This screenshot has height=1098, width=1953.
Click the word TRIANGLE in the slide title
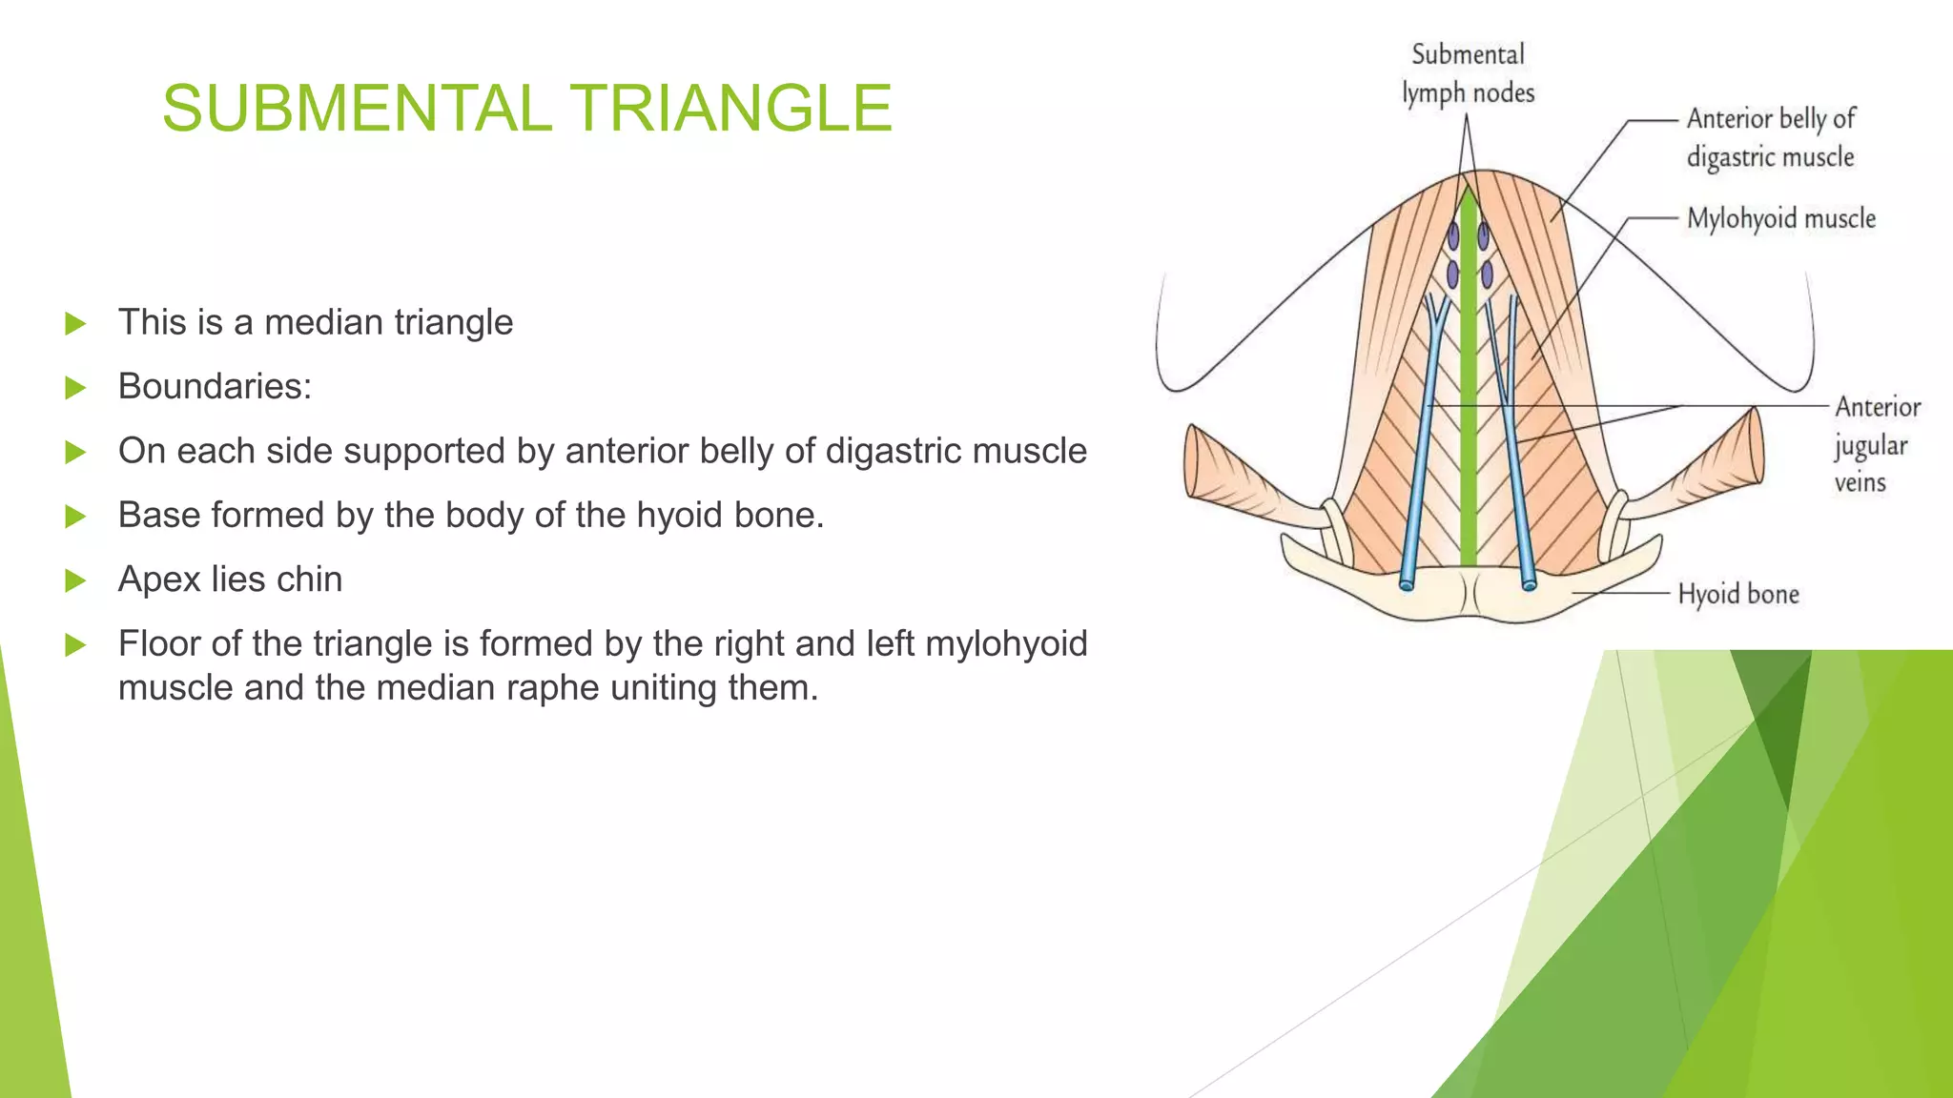point(731,108)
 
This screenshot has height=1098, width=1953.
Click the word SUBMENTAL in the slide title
point(357,108)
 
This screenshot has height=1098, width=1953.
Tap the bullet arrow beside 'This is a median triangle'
point(75,324)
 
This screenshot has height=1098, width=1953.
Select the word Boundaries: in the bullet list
point(215,387)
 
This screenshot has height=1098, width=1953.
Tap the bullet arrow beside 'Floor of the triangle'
point(75,645)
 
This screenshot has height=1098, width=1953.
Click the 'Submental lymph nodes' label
point(1468,73)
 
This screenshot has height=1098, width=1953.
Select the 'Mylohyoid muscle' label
point(1780,218)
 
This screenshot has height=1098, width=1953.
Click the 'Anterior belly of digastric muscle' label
point(1771,137)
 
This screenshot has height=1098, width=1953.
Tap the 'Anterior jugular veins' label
point(1875,444)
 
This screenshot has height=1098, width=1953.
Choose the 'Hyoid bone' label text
point(1737,594)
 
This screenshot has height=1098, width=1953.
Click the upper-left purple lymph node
point(1453,234)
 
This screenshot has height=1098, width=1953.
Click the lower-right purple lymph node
point(1487,275)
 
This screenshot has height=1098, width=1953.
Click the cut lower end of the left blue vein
point(1407,583)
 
